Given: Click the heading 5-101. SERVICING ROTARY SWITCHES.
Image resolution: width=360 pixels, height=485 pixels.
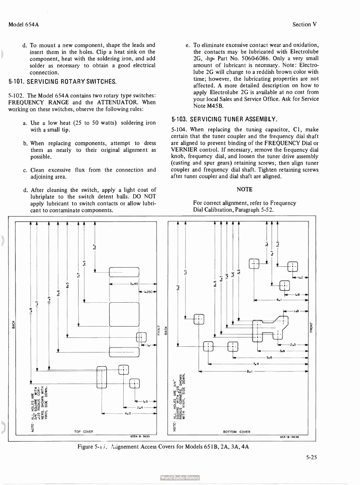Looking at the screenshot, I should click(62, 82).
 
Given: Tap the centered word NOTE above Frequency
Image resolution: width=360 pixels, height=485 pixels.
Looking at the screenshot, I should click(245, 189).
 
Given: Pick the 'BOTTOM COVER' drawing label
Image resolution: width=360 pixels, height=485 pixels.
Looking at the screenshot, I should click(237, 432).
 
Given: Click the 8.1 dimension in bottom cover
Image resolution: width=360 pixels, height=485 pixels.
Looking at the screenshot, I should click(249, 372).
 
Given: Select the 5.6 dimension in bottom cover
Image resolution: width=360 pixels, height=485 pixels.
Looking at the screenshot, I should click(269, 357).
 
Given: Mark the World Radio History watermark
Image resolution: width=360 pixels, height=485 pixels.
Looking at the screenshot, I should click(180, 478).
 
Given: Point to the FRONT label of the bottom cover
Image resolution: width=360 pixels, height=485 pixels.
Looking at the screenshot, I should click(311, 327).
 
